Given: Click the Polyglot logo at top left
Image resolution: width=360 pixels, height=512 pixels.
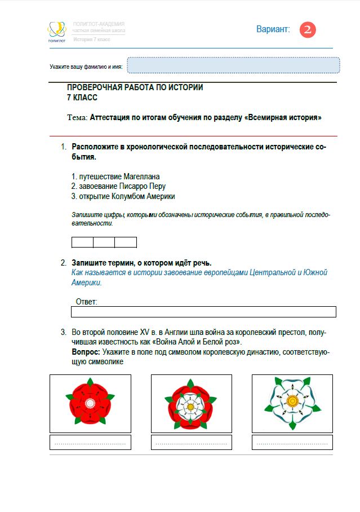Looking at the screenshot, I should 56,32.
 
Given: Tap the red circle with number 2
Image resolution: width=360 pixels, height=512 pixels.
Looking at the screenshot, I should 308,30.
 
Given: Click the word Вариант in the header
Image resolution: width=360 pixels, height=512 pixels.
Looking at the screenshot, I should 273,29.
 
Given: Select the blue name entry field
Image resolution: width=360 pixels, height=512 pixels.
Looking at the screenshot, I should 233,65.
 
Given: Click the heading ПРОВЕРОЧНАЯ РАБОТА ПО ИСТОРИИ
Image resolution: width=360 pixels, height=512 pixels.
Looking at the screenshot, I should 135,87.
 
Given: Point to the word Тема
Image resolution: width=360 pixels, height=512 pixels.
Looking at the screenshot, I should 77,118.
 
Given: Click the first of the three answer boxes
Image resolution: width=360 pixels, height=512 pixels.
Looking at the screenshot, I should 82,242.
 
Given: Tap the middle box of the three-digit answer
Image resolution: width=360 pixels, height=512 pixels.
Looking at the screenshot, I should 104,242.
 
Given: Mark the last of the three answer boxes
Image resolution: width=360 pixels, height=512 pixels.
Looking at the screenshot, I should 126,242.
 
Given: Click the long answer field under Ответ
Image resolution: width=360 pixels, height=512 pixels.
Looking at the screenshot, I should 203,312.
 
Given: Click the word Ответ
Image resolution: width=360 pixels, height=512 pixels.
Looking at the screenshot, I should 86,302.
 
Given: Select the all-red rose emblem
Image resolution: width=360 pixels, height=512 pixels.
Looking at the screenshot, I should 90,403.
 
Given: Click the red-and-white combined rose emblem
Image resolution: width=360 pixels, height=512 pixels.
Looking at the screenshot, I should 191,403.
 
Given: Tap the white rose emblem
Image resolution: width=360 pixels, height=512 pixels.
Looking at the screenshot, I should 292,403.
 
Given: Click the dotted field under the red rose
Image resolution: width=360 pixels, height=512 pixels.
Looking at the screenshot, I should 90,442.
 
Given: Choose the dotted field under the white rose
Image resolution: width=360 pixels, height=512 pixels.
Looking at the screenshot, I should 292,442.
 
